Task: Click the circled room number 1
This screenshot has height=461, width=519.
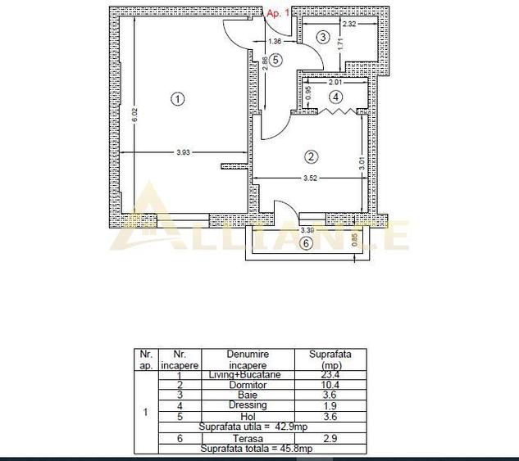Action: (x=177, y=99)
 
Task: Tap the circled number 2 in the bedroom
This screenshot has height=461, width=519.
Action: (x=310, y=156)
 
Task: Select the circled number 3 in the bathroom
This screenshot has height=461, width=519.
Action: (x=323, y=37)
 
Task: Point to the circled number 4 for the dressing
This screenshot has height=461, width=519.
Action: (x=335, y=97)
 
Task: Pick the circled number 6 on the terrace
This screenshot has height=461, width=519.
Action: (x=306, y=242)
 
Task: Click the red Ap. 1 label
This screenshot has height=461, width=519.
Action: (x=279, y=13)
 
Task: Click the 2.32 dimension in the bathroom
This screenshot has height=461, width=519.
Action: (x=348, y=25)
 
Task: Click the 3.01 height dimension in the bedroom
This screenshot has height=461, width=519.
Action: (x=362, y=162)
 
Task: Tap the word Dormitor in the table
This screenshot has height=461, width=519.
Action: (x=248, y=385)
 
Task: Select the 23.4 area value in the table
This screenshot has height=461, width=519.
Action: (x=330, y=375)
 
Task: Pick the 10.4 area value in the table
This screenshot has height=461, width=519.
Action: (x=330, y=385)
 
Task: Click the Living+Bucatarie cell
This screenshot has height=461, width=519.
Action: (x=248, y=375)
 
